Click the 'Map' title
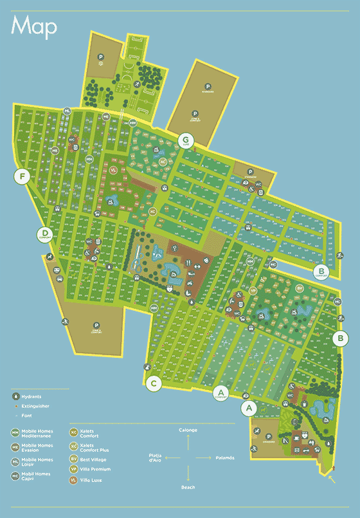tap(34, 26)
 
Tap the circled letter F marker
tap(24, 176)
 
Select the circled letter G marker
tap(186, 140)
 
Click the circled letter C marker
tap(153, 384)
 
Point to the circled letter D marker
tap(45, 234)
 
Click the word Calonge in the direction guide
tap(188, 429)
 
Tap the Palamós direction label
tap(225, 457)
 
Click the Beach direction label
tap(188, 488)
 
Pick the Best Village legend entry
tap(93, 459)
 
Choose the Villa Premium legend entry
tap(95, 470)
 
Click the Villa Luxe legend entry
tap(91, 480)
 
